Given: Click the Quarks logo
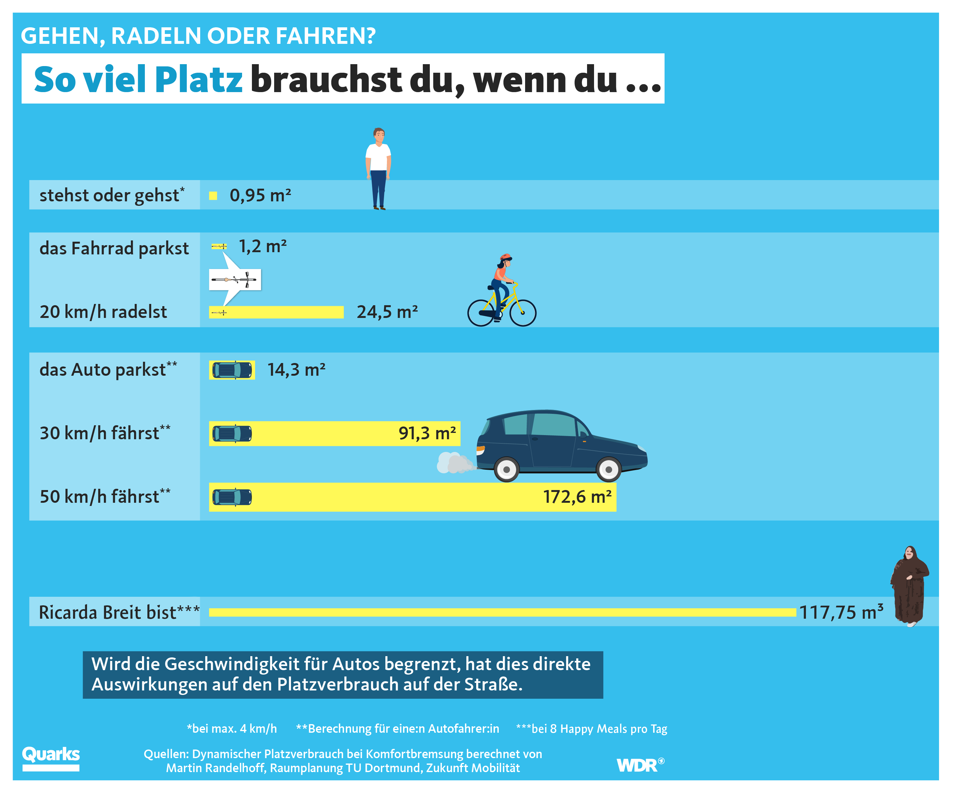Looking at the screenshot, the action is (51, 758).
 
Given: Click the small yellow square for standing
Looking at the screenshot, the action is (213, 196).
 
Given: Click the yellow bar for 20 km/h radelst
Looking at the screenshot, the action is (276, 312).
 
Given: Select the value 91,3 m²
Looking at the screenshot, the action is (427, 433).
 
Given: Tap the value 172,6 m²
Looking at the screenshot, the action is (577, 497).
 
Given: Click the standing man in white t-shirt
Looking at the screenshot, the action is (378, 169).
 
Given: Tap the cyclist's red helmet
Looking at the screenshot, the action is (505, 257).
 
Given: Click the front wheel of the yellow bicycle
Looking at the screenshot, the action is (523, 313).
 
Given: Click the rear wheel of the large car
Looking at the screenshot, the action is (506, 470).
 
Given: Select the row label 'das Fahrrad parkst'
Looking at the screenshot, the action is (114, 249).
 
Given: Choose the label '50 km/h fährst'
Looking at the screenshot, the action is (105, 496).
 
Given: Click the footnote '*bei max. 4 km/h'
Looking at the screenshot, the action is (232, 729).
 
